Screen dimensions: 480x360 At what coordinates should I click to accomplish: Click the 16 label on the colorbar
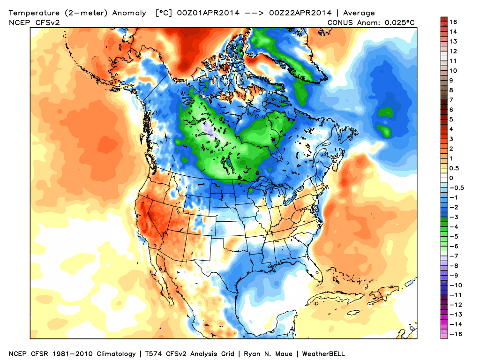click(x=453, y=22)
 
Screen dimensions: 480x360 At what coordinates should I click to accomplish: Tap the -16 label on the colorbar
click(x=456, y=334)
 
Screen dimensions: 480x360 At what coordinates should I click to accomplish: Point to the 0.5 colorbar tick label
click(x=454, y=168)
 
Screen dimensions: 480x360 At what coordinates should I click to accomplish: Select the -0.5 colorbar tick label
click(x=457, y=187)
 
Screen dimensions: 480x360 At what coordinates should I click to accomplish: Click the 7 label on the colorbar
click(x=451, y=100)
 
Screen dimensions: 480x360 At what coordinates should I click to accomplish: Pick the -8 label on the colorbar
click(x=454, y=266)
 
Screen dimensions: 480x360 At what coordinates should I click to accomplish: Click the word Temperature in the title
click(x=34, y=13)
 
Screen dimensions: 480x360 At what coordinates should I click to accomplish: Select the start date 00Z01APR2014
click(x=208, y=13)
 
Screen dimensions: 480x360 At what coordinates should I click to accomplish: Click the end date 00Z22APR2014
click(x=300, y=13)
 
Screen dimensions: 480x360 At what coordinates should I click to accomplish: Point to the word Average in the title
click(x=359, y=13)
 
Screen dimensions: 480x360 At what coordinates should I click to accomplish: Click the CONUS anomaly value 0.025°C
click(x=399, y=22)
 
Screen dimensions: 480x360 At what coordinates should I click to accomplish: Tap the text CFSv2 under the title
click(x=47, y=22)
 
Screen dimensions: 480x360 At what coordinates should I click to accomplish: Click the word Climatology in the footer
click(x=116, y=354)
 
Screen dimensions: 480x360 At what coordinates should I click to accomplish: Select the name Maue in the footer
click(x=284, y=354)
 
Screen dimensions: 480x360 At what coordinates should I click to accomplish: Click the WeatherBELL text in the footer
click(x=323, y=354)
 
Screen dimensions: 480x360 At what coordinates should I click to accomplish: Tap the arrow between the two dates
click(x=254, y=13)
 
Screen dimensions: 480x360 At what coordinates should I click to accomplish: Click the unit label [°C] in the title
click(x=164, y=13)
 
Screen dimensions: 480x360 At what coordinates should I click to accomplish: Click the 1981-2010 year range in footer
click(x=73, y=354)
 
